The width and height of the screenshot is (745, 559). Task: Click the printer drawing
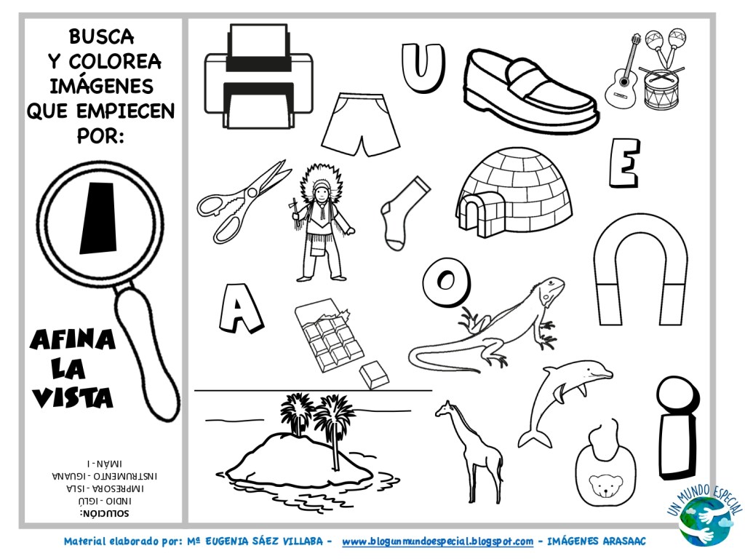[258, 77]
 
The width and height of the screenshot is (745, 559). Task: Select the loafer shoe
[530, 90]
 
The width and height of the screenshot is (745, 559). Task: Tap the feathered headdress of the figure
[322, 183]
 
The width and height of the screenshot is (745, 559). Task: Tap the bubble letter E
[625, 163]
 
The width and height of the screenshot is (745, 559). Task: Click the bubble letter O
[447, 282]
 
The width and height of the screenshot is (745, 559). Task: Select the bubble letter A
[240, 309]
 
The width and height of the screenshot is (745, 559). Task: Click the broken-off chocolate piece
[374, 375]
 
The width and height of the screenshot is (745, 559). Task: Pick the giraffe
[471, 451]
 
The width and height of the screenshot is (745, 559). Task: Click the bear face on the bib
[606, 485]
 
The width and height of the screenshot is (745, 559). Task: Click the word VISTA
[73, 397]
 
